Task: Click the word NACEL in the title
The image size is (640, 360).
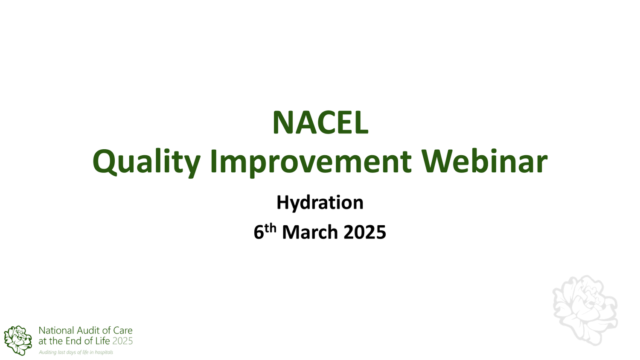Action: coord(320,123)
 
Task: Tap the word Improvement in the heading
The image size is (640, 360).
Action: coord(311,162)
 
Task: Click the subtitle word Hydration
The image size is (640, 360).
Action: coord(320,203)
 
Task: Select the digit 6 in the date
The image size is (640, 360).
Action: coord(259,232)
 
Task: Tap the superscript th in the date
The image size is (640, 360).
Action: coord(271,228)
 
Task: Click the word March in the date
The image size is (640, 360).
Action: coord(310,232)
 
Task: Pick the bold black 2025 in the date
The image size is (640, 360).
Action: coord(365,232)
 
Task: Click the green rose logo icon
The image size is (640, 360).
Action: coord(18,340)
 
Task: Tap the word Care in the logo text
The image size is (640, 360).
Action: coord(122,331)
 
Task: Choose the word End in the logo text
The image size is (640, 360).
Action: coord(73,341)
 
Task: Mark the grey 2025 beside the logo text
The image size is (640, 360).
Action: coord(122,341)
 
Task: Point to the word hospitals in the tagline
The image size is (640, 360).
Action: coord(104,352)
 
